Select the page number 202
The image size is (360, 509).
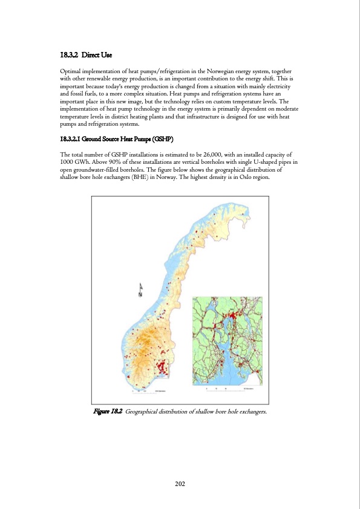180,484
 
